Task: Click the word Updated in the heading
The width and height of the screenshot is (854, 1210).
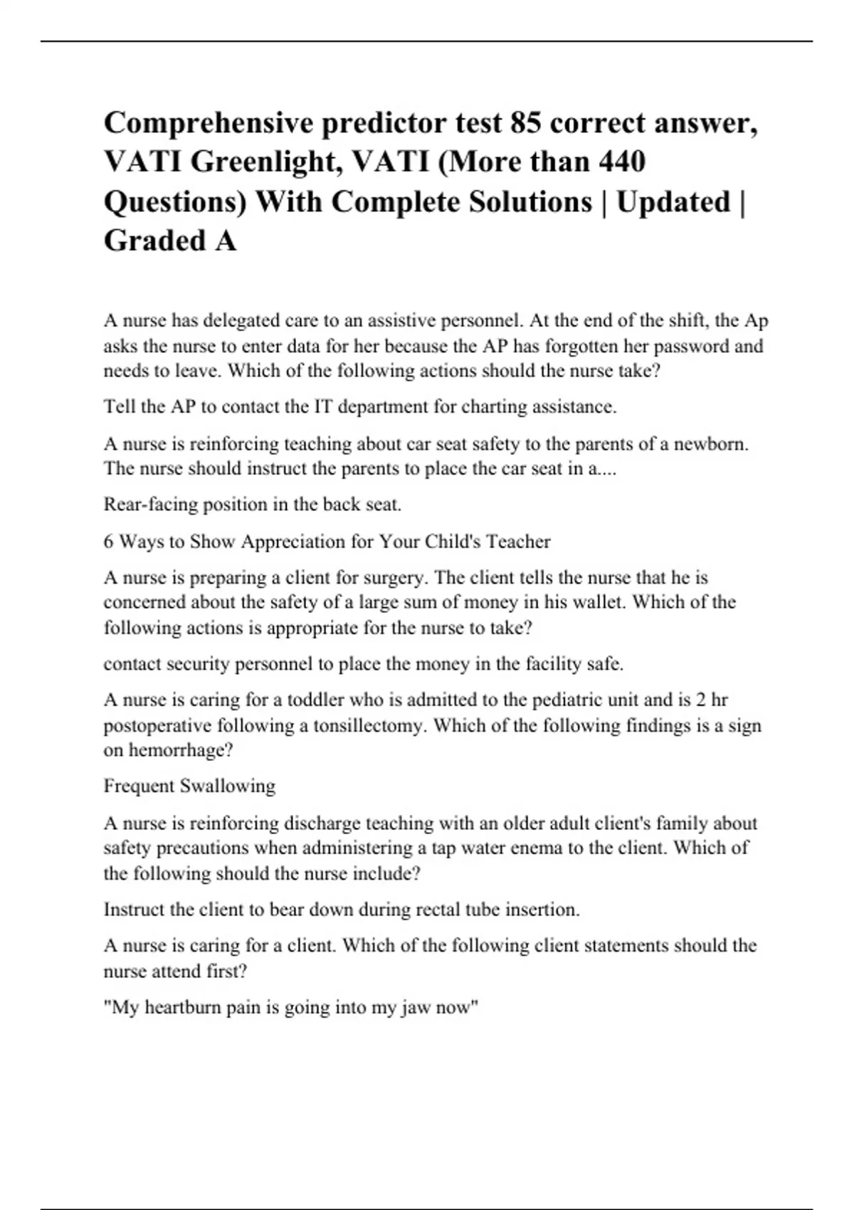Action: pyautogui.click(x=673, y=202)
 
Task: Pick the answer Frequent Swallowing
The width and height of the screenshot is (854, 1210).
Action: pyautogui.click(x=189, y=786)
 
